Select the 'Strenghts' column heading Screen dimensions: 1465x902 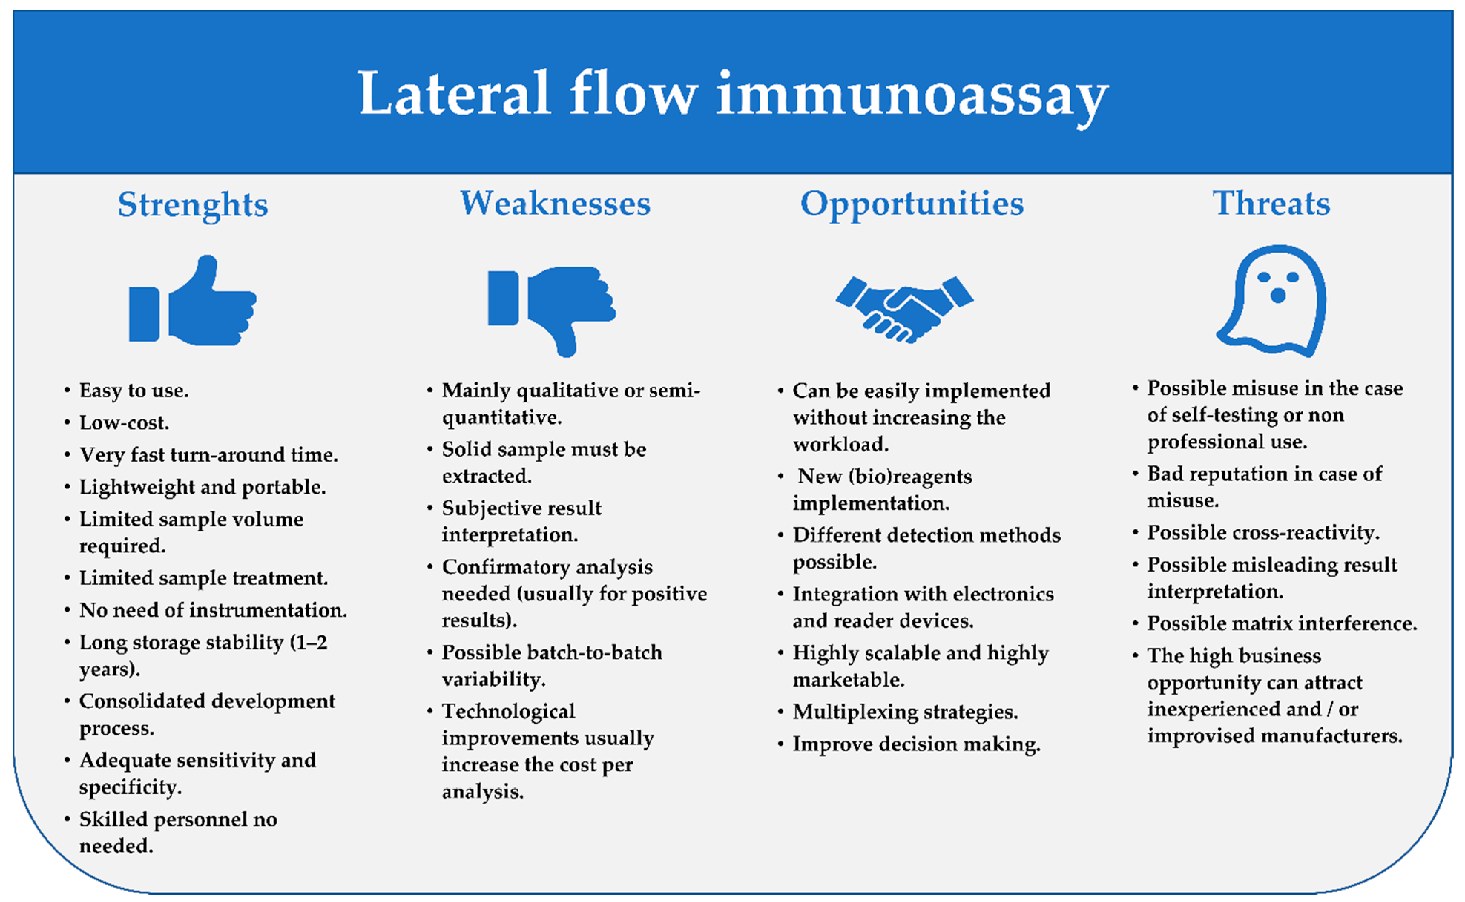[x=192, y=205]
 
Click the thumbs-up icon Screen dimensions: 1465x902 [x=192, y=300]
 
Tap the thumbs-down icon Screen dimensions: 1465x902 [x=552, y=312]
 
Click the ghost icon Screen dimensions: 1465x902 [x=1271, y=301]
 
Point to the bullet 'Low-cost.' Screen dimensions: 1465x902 [x=124, y=422]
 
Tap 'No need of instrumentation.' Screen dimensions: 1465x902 [x=213, y=610]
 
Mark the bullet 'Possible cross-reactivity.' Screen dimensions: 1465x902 [x=1263, y=533]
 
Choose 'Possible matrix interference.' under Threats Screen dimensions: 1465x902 [x=1282, y=623]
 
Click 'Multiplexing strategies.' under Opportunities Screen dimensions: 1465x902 [x=905, y=712]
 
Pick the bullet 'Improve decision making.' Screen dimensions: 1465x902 [x=916, y=744]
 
